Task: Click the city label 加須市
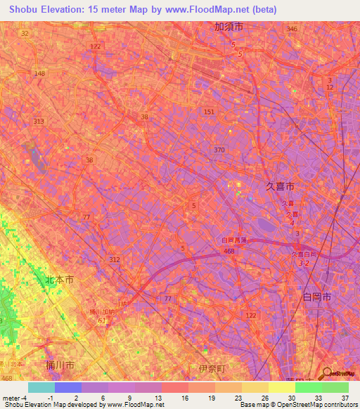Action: point(229,27)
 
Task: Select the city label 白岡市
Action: point(317,297)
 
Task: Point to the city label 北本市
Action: point(59,280)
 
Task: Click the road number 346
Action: point(292,29)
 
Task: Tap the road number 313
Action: point(39,121)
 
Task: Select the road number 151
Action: point(209,112)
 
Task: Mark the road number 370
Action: point(219,150)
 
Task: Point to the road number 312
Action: point(115,259)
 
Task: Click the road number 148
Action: point(39,74)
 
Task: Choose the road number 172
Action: point(96,46)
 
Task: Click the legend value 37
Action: point(344,398)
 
